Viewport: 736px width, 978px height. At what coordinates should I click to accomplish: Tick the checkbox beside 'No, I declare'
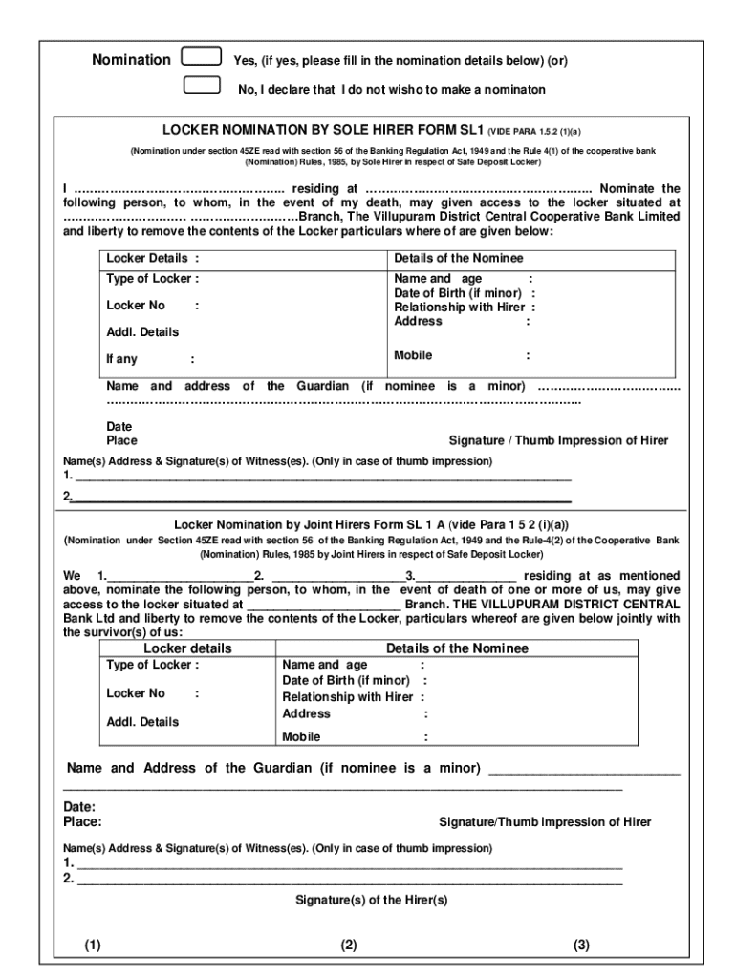[201, 85]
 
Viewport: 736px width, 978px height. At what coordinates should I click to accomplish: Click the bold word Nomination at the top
[131, 60]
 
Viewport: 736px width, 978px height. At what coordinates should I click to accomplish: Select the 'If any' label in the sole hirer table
[121, 359]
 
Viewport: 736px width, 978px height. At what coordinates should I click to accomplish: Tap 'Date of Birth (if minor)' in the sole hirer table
[458, 293]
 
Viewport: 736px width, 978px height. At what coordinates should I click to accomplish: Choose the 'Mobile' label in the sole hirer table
[413, 355]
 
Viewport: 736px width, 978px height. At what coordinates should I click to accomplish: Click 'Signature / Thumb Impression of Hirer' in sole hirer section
[558, 440]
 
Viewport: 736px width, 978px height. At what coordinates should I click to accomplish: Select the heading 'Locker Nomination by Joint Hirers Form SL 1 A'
[371, 524]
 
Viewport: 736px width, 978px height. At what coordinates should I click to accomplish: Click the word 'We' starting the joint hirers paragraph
[73, 576]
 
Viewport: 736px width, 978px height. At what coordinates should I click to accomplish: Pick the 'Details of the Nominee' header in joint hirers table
[457, 648]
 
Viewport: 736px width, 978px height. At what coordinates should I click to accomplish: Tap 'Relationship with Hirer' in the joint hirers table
[347, 697]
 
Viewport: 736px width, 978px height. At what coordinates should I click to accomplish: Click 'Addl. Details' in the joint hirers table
[142, 722]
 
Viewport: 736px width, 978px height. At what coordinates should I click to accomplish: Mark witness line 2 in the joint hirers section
[348, 880]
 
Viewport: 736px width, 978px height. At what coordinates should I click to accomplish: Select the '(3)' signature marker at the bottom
[581, 946]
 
